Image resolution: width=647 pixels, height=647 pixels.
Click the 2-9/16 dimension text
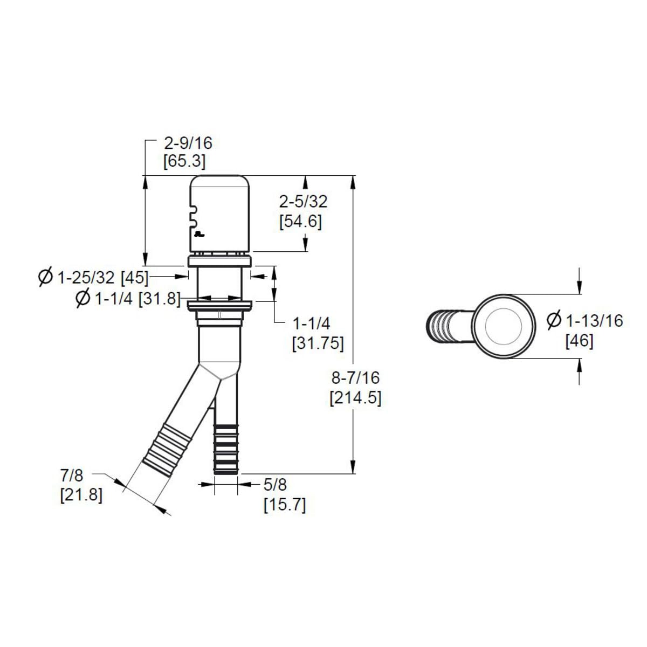pyautogui.click(x=188, y=143)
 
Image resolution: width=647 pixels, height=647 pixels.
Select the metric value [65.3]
pyautogui.click(x=184, y=161)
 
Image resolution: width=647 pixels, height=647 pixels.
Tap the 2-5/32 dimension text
pyautogui.click(x=303, y=202)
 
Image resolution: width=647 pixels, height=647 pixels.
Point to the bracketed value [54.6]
pyautogui.click(x=301, y=221)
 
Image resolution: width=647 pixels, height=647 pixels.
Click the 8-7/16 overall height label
pyautogui.click(x=355, y=377)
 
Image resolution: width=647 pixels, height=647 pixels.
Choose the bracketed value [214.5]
pyautogui.click(x=355, y=398)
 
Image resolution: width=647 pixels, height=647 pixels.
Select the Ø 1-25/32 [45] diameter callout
pyautogui.click(x=93, y=277)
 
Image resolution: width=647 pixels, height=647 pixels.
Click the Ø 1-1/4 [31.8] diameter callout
pyautogui.click(x=128, y=298)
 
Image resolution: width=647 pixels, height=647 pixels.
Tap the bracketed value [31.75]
pyautogui.click(x=318, y=343)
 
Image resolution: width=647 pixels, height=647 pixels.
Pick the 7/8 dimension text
pyautogui.click(x=72, y=476)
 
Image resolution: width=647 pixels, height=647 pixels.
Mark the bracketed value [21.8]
pyautogui.click(x=81, y=494)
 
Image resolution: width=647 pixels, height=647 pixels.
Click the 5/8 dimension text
pyautogui.click(x=276, y=485)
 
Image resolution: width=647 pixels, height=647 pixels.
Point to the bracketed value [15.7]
pyautogui.click(x=285, y=505)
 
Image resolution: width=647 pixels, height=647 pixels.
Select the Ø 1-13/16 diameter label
pyautogui.click(x=584, y=321)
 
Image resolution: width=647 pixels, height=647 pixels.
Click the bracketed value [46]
pyautogui.click(x=579, y=341)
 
